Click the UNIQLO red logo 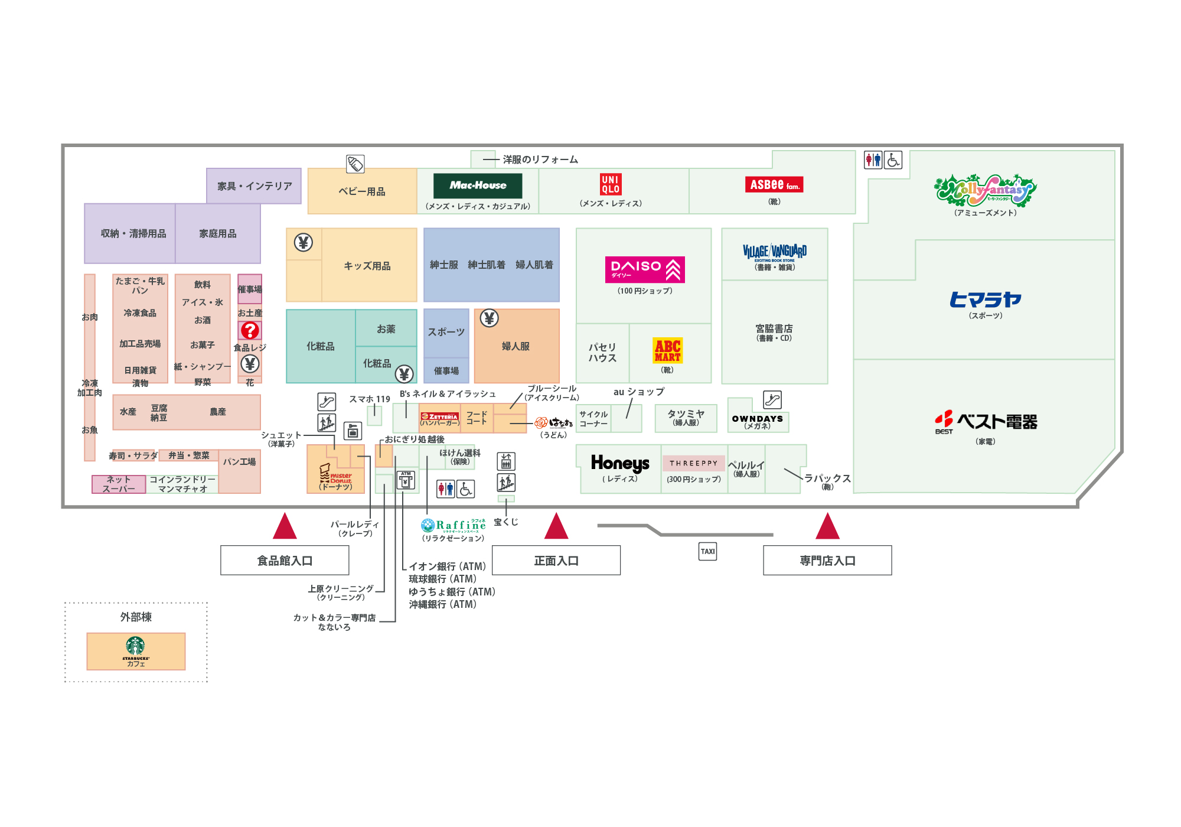click(611, 184)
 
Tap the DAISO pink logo click(644, 269)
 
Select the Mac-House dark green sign click(478, 185)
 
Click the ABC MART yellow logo click(667, 350)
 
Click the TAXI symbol click(707, 551)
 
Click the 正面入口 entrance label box click(556, 560)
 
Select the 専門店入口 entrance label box click(827, 560)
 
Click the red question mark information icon click(250, 330)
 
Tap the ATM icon click(406, 480)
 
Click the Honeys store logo click(620, 464)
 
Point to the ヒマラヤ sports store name click(985, 300)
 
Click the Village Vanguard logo click(774, 252)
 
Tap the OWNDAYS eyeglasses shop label click(757, 419)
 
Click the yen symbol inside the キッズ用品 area click(304, 242)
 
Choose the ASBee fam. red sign click(774, 185)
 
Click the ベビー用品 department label click(361, 191)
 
